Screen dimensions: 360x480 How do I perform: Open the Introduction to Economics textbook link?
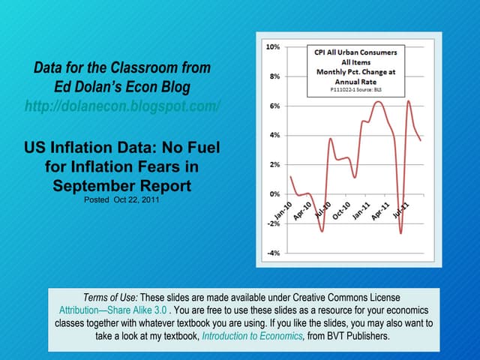252,336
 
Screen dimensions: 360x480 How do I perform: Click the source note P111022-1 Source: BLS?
356,88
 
